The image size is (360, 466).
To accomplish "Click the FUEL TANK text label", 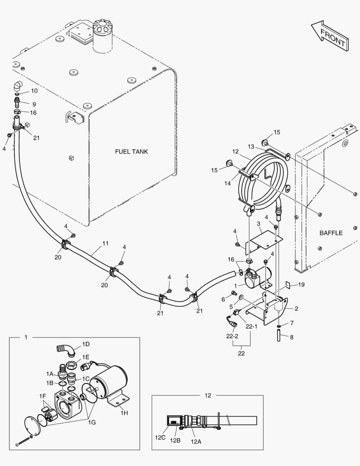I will click(131, 151).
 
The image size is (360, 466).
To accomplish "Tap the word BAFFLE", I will click(331, 233).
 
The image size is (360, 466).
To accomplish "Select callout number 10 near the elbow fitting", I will click(34, 91).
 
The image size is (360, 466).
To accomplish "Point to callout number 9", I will click(34, 104).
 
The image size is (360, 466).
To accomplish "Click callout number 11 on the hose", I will click(105, 244).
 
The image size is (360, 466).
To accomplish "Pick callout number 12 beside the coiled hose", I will click(235, 151).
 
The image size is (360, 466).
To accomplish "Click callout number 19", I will click(301, 285).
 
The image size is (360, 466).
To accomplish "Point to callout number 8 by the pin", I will click(291, 337).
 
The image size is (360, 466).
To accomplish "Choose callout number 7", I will click(291, 323).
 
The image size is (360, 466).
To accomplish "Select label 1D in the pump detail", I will click(86, 344).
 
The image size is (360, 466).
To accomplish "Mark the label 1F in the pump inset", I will click(42, 396).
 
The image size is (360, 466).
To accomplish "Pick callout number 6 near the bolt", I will click(223, 299).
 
